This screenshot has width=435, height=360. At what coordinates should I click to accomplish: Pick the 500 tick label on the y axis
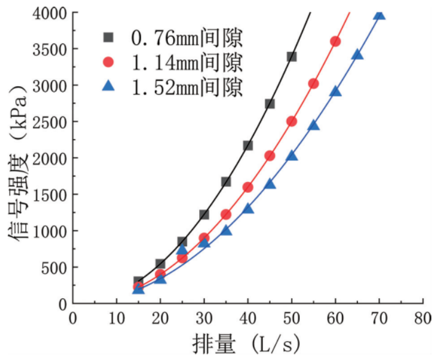point(55,267)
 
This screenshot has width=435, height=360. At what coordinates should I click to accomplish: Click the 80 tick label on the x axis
point(423,317)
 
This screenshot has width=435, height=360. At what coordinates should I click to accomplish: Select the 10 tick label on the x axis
point(116,317)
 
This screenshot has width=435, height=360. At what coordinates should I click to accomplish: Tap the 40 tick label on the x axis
point(248,317)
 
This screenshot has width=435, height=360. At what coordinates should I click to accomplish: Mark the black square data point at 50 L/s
point(292,56)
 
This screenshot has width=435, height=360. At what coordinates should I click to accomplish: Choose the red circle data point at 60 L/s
point(335,41)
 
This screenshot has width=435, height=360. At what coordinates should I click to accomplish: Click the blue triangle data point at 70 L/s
point(379,14)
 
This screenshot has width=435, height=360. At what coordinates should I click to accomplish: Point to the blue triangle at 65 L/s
point(357,55)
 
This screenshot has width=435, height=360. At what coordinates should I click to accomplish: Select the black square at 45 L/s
point(270,103)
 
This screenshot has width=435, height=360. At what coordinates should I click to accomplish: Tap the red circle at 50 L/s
point(292,121)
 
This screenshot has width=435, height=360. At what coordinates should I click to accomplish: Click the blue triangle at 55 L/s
point(314,126)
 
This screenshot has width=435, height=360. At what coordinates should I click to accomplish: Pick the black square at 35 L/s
point(226,182)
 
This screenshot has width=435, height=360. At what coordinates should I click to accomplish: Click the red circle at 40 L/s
point(248,187)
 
